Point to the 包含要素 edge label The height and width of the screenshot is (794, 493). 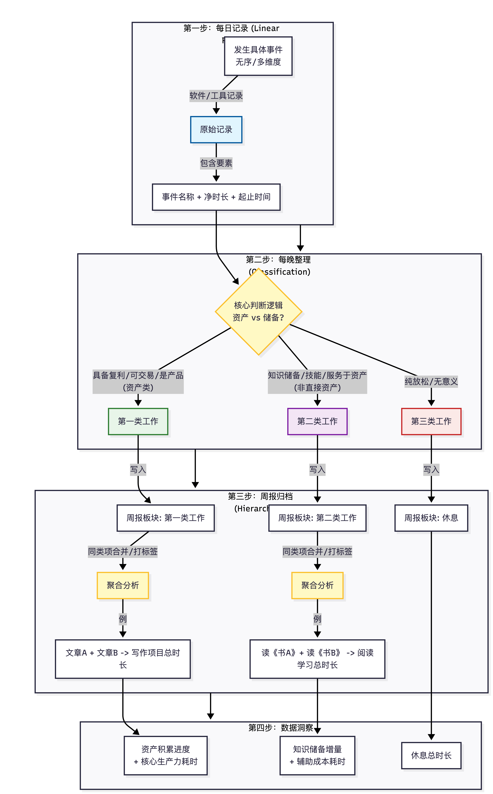216,163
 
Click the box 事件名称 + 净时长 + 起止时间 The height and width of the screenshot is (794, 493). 216,197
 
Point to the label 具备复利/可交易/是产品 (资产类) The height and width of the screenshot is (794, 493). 138,381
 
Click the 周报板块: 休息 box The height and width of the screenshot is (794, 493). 431,518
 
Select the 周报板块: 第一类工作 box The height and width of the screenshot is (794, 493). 166,518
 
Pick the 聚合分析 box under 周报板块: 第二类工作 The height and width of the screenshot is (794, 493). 317,585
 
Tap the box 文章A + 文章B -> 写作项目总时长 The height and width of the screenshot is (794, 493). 123,659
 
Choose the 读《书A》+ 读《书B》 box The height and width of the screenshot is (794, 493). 317,659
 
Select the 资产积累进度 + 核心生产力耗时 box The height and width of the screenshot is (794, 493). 166,755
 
